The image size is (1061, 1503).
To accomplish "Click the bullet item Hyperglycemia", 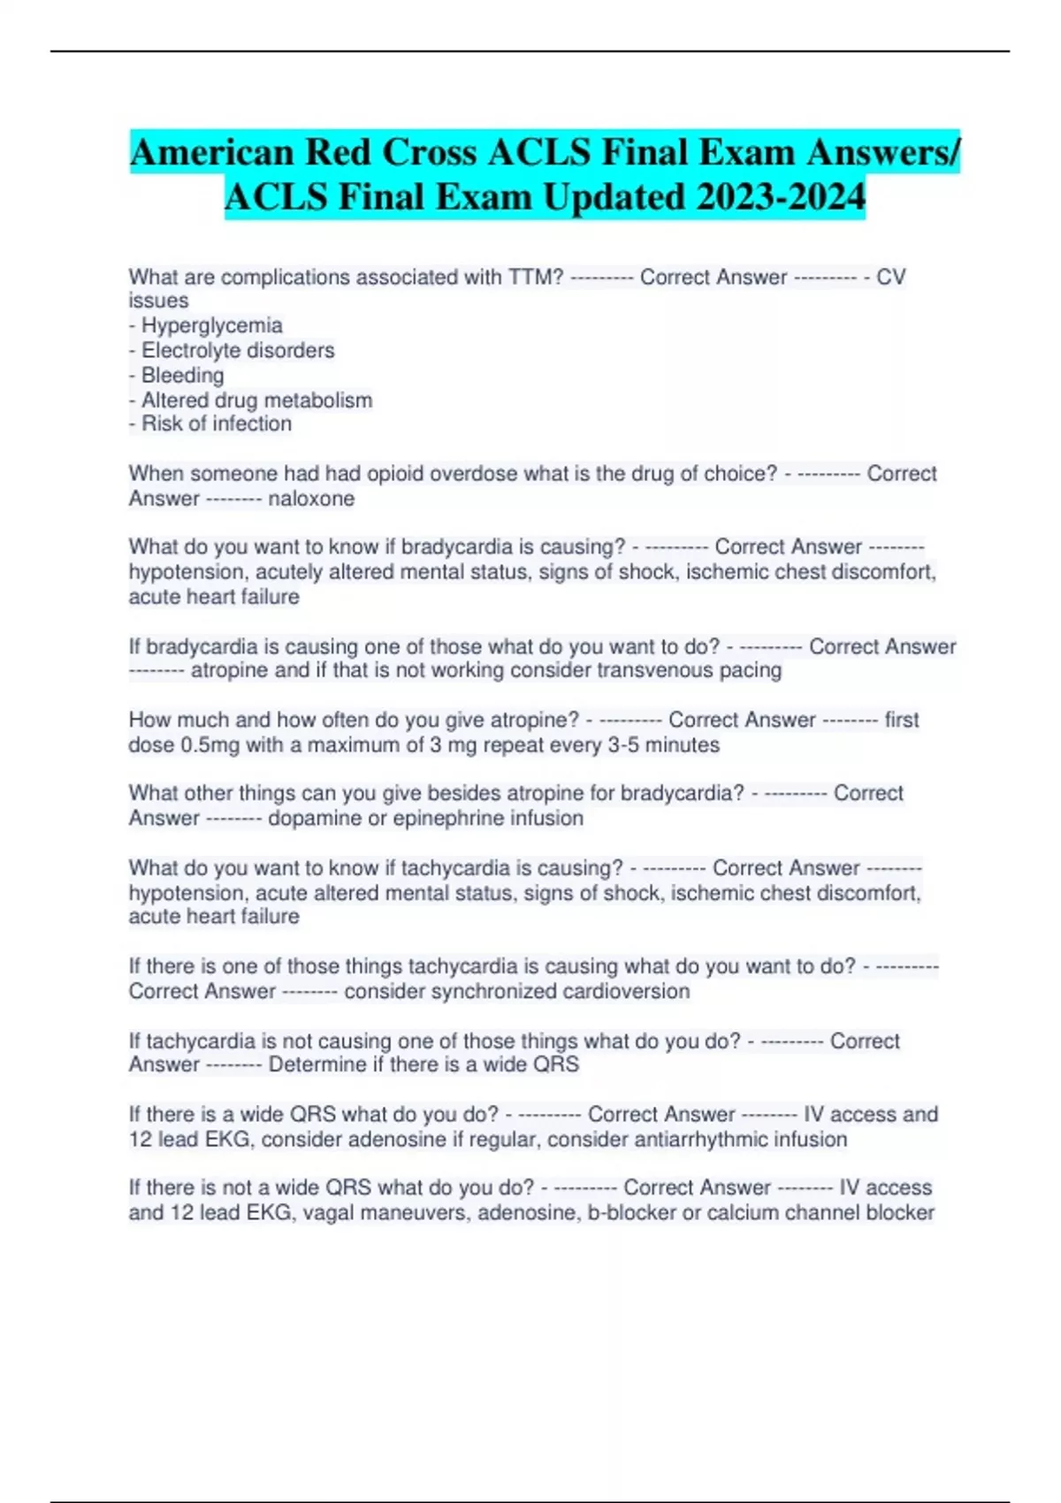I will [212, 325].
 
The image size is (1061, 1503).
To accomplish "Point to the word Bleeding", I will [183, 375].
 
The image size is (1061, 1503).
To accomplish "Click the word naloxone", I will [311, 499].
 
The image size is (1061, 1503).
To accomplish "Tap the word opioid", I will [397, 474].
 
